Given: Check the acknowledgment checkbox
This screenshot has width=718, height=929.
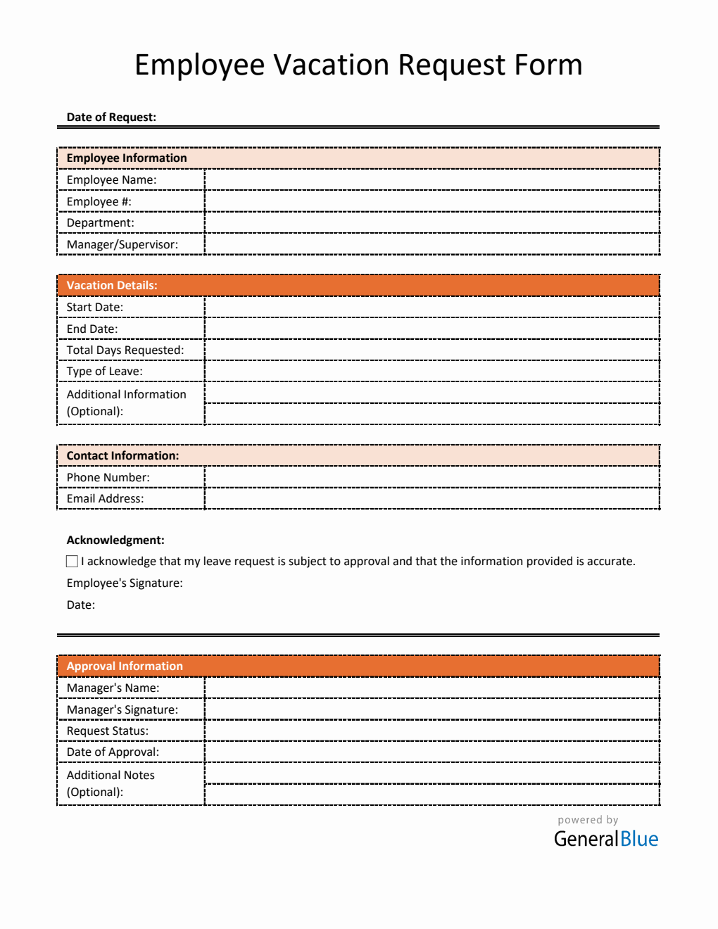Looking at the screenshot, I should pos(72,562).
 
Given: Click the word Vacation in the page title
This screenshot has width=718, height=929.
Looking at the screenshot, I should pos(331,65).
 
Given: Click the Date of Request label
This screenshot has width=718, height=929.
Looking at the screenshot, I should pos(111,117).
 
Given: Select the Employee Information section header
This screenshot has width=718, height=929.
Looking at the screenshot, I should pos(127,158).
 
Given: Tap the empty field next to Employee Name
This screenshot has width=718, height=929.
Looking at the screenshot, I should pos(432,180).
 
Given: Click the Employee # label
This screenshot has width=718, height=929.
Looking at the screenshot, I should pos(99,202).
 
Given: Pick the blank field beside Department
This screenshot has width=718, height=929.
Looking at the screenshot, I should pos(432,223).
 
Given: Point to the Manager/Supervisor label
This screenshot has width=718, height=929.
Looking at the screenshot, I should pos(122,245).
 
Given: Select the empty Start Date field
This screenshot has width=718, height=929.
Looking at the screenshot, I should pos(432,308).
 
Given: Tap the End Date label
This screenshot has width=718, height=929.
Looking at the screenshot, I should pos(92,329).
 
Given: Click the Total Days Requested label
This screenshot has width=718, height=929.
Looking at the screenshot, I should pos(125,350).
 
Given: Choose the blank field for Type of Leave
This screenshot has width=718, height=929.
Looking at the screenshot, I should pos(432,372).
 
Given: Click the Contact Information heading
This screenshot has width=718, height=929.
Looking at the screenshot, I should pos(122,456).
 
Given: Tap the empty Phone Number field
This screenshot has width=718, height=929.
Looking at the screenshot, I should pos(432,478).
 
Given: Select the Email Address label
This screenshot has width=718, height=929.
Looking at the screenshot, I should pos(105,499).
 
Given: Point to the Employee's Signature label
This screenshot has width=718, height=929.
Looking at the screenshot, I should pos(125,583).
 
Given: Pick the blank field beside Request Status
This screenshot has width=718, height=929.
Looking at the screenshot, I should pos(432,731).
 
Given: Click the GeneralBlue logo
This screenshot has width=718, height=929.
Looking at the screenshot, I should pos(605,839).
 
